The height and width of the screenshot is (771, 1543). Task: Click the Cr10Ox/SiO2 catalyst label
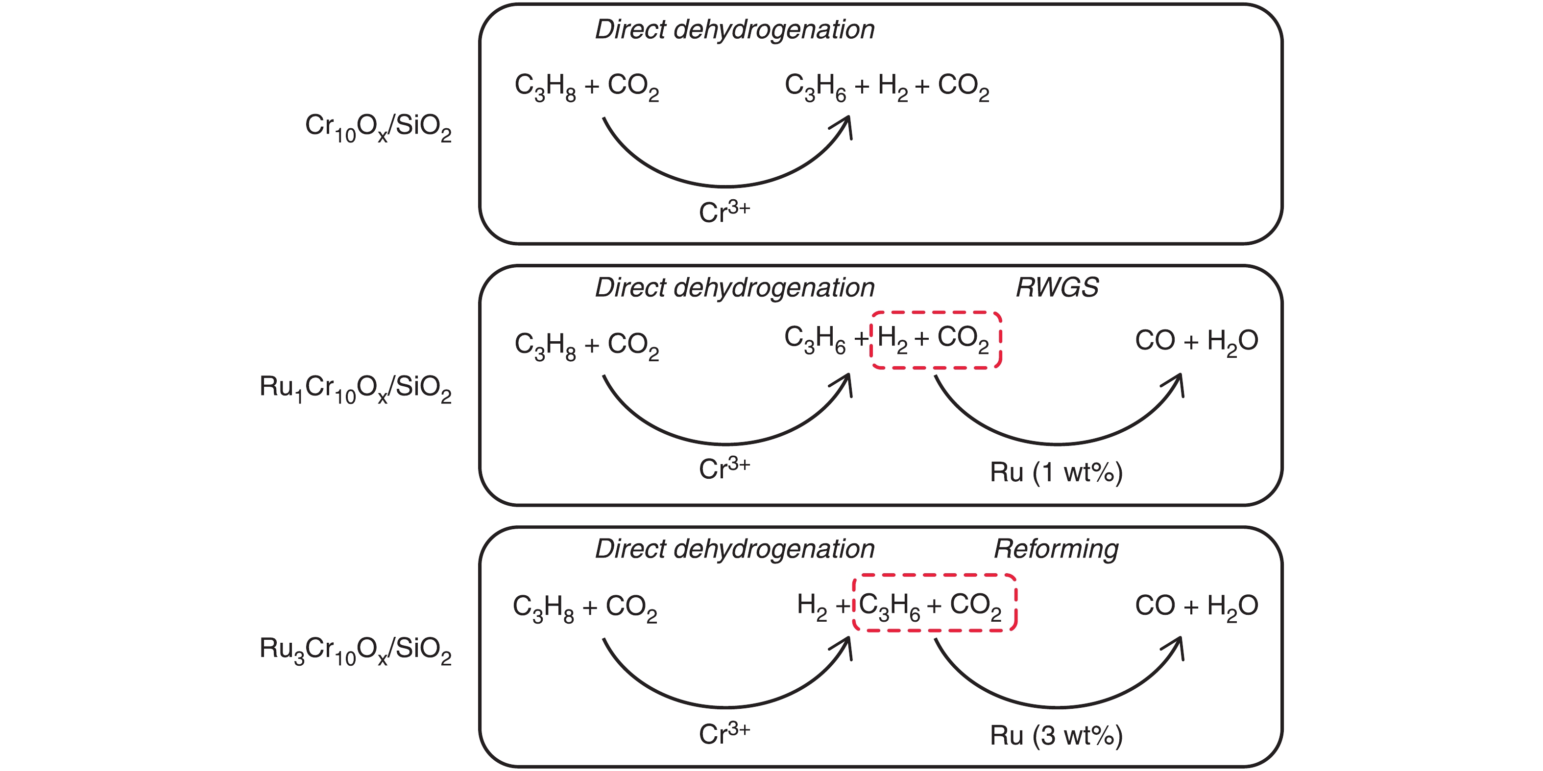click(378, 127)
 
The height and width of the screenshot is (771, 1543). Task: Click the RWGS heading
click(1057, 287)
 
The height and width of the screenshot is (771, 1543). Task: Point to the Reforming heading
click(1056, 549)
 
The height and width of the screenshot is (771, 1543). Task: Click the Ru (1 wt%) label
click(1056, 472)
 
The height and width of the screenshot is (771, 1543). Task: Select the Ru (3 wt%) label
click(1056, 736)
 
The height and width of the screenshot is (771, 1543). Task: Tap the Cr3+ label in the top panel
click(724, 212)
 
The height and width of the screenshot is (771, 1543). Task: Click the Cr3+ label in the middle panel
click(724, 468)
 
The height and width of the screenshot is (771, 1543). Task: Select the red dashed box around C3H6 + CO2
click(935, 576)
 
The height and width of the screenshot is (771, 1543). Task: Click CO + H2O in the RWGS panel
click(1196, 341)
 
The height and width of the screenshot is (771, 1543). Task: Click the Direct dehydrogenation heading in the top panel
click(734, 30)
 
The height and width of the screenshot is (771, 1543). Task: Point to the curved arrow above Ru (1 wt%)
click(1057, 443)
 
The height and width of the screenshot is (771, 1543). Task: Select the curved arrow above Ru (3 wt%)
click(1057, 706)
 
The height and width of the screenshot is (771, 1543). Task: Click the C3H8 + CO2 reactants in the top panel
click(586, 87)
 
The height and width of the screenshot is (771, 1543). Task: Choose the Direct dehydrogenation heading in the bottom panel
click(734, 549)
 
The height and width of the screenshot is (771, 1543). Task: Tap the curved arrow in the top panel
click(725, 186)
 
